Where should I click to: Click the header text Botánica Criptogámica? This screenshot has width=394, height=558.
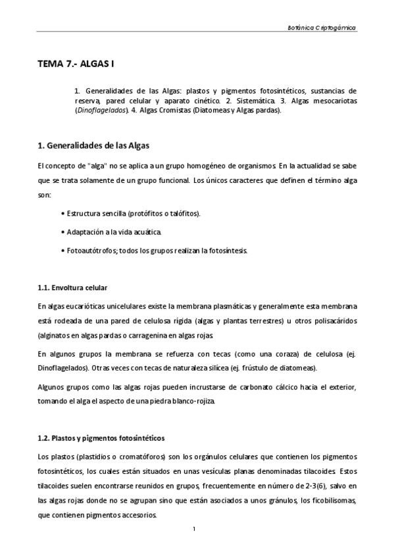point(322,28)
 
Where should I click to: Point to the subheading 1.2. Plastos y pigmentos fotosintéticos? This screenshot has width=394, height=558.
point(101,437)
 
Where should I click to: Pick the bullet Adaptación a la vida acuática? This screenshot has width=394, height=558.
point(112,232)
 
